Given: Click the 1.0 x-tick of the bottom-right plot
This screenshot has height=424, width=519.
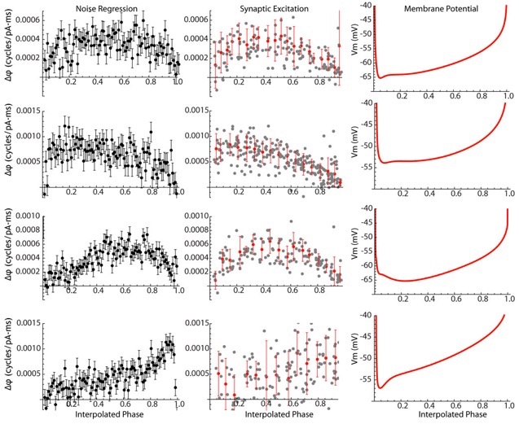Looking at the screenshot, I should click(x=508, y=404).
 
